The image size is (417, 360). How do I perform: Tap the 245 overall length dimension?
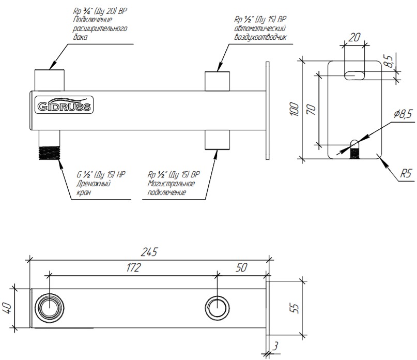(x=149, y=252)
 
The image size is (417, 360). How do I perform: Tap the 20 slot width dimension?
(x=354, y=37)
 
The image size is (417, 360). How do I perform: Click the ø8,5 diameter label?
(x=403, y=115)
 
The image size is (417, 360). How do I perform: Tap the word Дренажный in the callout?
(x=92, y=184)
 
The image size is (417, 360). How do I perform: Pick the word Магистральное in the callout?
(x=171, y=184)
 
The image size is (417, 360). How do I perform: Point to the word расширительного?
(x=100, y=29)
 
